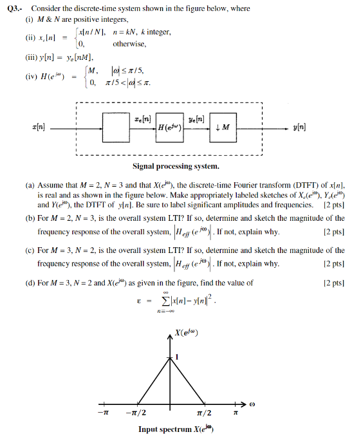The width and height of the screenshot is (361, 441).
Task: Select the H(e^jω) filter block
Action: point(171,127)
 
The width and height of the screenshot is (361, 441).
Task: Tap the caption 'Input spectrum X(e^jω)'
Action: point(175,430)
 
